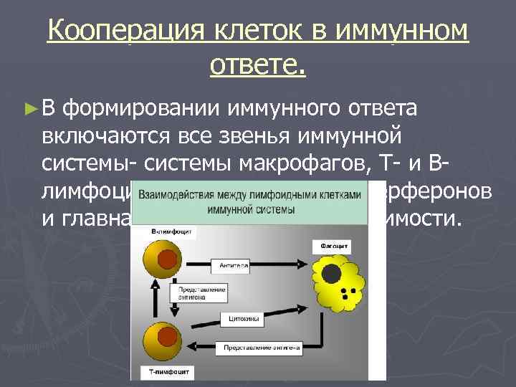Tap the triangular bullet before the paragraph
click(29, 109)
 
